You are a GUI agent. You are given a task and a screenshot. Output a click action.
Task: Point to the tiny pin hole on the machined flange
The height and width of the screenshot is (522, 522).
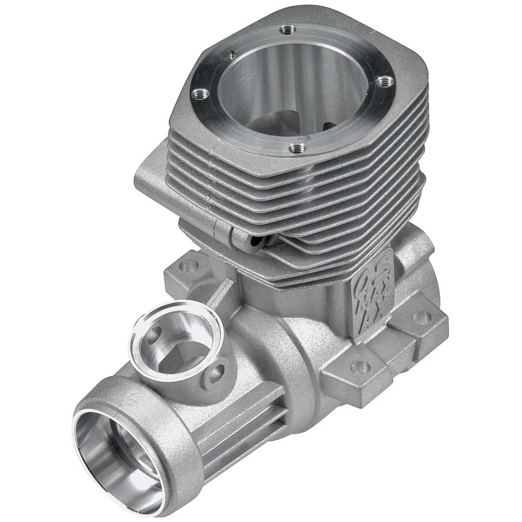pyautogui.click(x=232, y=53)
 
